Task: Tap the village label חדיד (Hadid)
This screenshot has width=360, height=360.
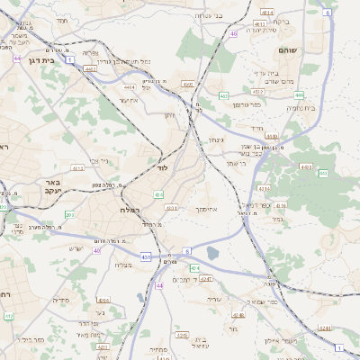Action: coord(257,129)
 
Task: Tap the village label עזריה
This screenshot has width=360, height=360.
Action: coord(213,298)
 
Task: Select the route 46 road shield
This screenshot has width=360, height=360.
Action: coord(233,33)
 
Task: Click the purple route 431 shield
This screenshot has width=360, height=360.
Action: coord(146,257)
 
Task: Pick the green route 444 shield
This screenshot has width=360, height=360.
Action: coord(298,94)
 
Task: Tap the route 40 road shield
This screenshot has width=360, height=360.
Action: coord(96,250)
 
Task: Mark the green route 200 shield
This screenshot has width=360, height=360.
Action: coord(69,215)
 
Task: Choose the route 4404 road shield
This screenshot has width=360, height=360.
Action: coord(129,87)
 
